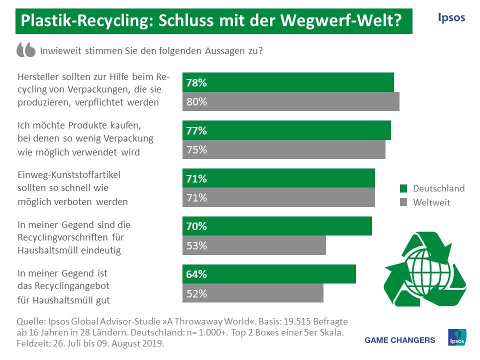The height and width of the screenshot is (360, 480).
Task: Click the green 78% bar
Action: click(x=288, y=82)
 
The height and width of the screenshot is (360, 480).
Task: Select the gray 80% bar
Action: click(x=291, y=101)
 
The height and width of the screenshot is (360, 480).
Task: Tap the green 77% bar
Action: click(x=286, y=130)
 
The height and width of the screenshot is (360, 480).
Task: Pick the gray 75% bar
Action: click(x=284, y=149)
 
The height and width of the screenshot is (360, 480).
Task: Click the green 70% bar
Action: click(x=277, y=226)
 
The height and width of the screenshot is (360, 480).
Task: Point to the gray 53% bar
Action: click(x=254, y=245)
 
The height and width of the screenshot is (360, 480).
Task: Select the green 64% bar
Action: click(x=269, y=274)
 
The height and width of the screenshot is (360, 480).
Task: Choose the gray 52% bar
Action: click(x=252, y=293)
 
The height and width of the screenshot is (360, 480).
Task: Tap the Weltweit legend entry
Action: click(x=425, y=202)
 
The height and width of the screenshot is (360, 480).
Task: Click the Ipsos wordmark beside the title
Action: click(x=451, y=17)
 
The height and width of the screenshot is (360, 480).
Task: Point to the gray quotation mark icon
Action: click(x=26, y=49)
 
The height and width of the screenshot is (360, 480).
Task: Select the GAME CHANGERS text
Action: click(x=400, y=340)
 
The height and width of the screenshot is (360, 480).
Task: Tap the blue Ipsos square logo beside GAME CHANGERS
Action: click(x=456, y=338)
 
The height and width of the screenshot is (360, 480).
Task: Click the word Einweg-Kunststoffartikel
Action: click(x=69, y=175)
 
